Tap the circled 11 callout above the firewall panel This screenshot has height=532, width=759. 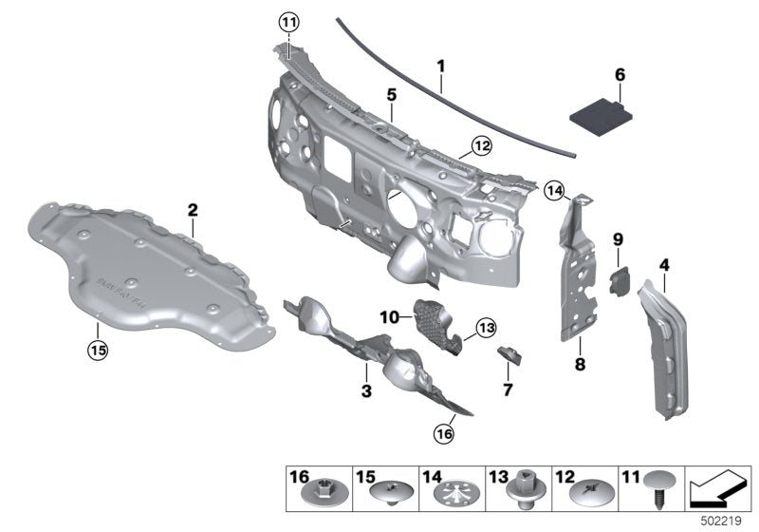pyautogui.click(x=288, y=22)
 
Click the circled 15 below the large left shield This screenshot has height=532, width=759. pyautogui.click(x=98, y=350)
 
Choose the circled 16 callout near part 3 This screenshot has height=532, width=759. pyautogui.click(x=444, y=434)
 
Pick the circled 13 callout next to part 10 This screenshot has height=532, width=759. pyautogui.click(x=487, y=327)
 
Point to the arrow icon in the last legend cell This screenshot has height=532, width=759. pyautogui.click(x=718, y=489)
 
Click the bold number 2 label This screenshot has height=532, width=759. pyautogui.click(x=192, y=208)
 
